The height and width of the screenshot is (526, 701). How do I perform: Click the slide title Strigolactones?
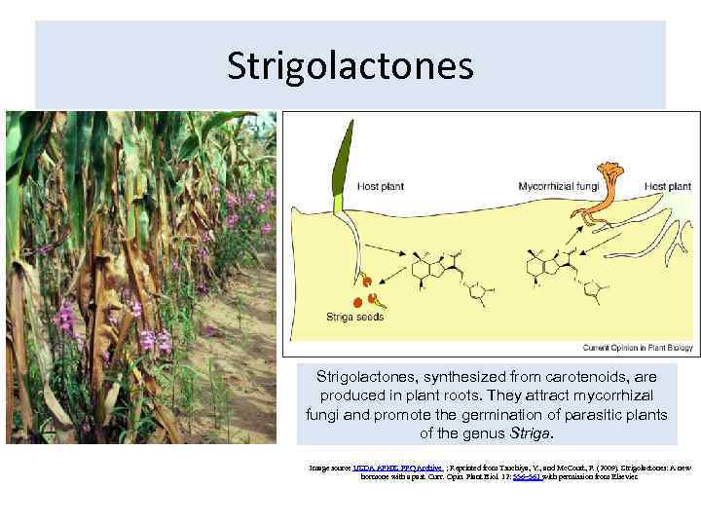pyautogui.click(x=350, y=66)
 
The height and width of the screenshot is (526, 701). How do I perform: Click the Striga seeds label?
pyautogui.click(x=354, y=317)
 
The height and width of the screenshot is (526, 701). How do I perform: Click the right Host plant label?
pyautogui.click(x=668, y=185)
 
